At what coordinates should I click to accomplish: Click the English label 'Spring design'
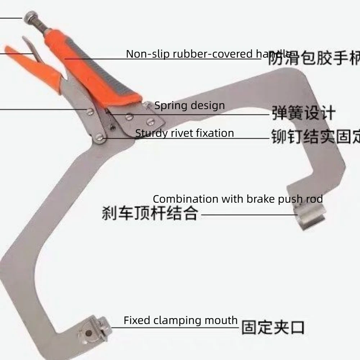pyautogui.click(x=189, y=106)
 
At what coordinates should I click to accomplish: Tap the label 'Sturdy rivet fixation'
pyautogui.click(x=184, y=133)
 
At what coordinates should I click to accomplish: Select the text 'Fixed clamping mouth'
pyautogui.click(x=180, y=320)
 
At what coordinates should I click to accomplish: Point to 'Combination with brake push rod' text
pyautogui.click(x=238, y=199)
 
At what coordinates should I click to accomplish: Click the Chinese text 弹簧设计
pyautogui.click(x=303, y=113)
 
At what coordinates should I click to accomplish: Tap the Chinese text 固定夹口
pyautogui.click(x=273, y=328)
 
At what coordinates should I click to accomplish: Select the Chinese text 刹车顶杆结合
pyautogui.click(x=149, y=213)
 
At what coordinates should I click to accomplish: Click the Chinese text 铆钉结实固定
pyautogui.click(x=315, y=137)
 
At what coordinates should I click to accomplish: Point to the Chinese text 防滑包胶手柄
pyautogui.click(x=313, y=58)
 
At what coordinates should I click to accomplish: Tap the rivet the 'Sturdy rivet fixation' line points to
pyautogui.click(x=100, y=137)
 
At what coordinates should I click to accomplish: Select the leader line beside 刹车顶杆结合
pyautogui.click(x=248, y=215)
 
